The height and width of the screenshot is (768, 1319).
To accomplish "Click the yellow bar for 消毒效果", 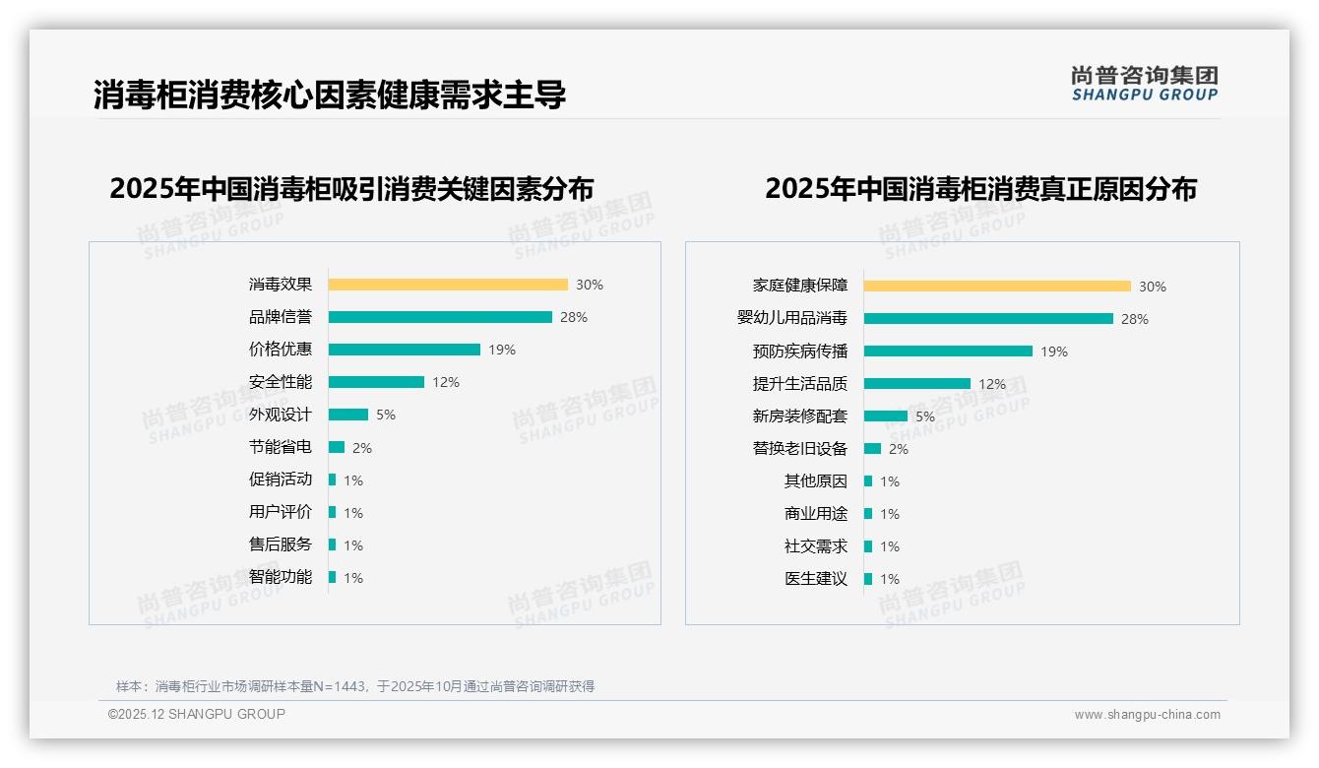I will [x=448, y=285].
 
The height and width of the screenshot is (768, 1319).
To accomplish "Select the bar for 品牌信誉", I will [x=440, y=317].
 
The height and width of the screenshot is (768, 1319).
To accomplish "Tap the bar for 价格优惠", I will [x=404, y=350].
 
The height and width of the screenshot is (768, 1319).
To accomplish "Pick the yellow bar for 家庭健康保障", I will [x=997, y=287].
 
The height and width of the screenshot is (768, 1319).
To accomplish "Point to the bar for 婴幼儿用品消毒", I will [x=988, y=319].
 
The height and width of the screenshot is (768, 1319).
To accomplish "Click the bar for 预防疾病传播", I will [x=948, y=352].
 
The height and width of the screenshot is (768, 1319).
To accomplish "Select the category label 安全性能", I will [x=281, y=382].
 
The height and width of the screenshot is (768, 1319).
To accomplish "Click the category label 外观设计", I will [x=281, y=415].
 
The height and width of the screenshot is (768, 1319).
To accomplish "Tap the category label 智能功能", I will [x=281, y=577].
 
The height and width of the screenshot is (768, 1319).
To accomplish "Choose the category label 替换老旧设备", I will [x=800, y=449].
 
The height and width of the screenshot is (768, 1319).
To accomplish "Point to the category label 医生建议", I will [x=816, y=579].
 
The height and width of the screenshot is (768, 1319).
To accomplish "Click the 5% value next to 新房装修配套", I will [x=925, y=416].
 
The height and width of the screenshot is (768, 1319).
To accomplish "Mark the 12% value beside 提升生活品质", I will [x=992, y=384].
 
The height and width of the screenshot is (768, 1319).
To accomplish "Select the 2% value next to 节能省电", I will [x=362, y=448].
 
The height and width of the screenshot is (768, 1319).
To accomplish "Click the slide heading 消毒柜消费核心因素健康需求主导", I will [x=330, y=96].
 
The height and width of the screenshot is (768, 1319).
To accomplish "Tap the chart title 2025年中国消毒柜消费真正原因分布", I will [x=980, y=189].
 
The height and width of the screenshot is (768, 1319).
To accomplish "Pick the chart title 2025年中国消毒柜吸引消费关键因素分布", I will [x=351, y=189].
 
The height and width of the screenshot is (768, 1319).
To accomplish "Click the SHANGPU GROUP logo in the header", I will [x=1144, y=84].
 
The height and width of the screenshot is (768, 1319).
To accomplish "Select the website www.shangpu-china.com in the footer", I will [x=1147, y=715].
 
